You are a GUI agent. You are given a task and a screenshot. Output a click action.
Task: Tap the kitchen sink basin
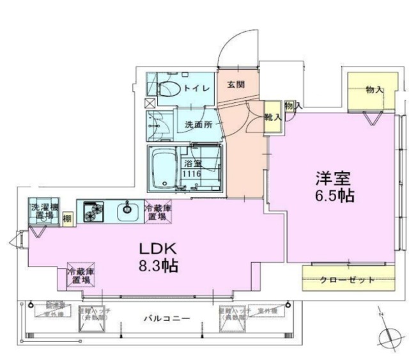(128, 209)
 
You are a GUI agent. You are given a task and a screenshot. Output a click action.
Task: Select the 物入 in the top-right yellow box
(374, 89)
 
